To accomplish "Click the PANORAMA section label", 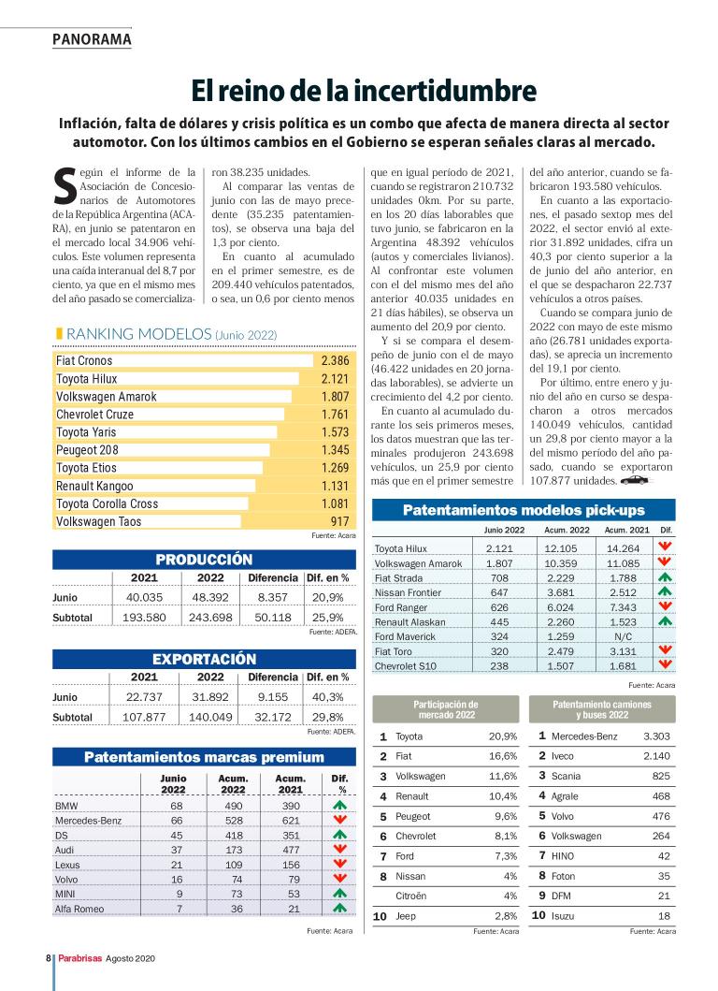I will [x=92, y=39].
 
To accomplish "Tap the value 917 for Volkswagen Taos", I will [x=338, y=521].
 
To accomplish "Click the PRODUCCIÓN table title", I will [x=204, y=560].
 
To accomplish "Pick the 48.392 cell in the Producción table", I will [x=210, y=597].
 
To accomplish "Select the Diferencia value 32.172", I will [x=273, y=717].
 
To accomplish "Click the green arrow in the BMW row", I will [x=339, y=806].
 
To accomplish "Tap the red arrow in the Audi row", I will [x=339, y=849].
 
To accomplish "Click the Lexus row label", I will [x=67, y=864].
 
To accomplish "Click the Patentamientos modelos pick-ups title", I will [x=523, y=510].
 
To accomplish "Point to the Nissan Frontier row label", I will [x=408, y=592].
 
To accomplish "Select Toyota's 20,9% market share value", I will [x=503, y=736].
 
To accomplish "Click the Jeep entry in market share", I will [x=406, y=916].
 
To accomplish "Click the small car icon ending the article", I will [x=635, y=479].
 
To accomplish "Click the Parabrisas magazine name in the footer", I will [x=79, y=959].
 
